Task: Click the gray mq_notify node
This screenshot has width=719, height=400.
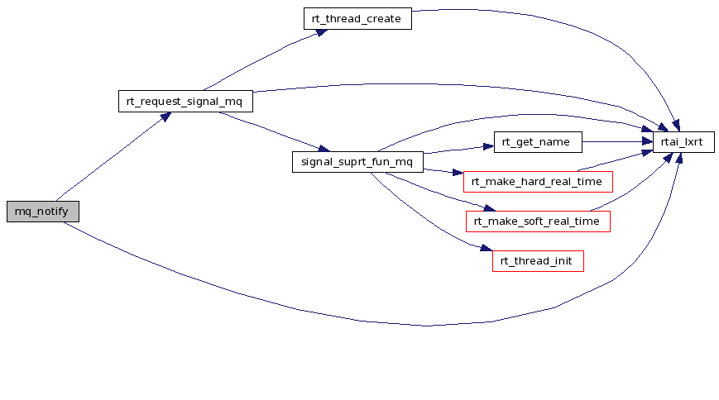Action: click(x=43, y=212)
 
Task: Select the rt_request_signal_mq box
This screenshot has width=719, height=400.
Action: click(x=185, y=102)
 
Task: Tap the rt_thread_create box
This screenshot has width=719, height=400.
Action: click(x=357, y=19)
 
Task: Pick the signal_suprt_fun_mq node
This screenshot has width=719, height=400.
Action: click(x=357, y=162)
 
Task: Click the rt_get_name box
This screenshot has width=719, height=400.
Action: click(x=538, y=142)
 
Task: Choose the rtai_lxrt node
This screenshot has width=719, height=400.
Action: click(x=683, y=142)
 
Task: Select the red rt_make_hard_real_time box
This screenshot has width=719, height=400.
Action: click(x=538, y=182)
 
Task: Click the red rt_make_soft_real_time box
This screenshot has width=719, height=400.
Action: click(x=538, y=221)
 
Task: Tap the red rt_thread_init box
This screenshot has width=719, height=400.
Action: click(x=538, y=261)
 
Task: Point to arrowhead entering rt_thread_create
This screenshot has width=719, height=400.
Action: click(x=322, y=32)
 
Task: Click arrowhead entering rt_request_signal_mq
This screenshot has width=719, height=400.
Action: click(x=165, y=117)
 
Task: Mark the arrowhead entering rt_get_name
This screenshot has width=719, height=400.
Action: click(x=488, y=146)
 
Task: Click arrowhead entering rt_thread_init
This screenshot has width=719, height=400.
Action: click(x=487, y=248)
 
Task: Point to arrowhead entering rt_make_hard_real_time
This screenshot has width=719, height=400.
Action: click(x=458, y=173)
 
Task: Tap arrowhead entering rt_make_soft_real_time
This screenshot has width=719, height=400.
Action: click(x=490, y=208)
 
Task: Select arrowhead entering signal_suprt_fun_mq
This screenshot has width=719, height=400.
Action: click(x=324, y=148)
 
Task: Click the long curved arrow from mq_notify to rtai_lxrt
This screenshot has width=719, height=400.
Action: click(x=426, y=326)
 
